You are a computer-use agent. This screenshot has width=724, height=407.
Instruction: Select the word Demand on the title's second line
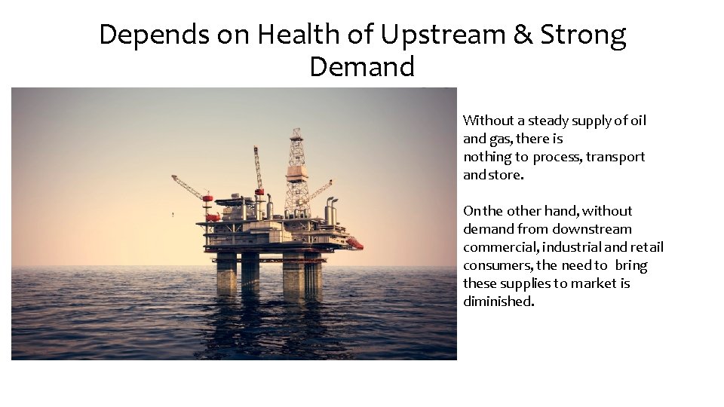pyautogui.click(x=362, y=67)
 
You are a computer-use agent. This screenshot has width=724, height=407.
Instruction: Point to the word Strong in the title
pyautogui.click(x=583, y=35)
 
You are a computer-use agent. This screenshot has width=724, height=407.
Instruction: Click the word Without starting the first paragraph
pyautogui.click(x=486, y=121)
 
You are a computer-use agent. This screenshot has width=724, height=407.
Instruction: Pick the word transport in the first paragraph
pyautogui.click(x=615, y=157)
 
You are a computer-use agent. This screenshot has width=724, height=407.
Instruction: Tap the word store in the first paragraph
pyautogui.click(x=505, y=175)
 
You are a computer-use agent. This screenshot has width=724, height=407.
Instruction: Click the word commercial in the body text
pyautogui.click(x=498, y=247)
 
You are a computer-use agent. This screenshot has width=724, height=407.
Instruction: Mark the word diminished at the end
pyautogui.click(x=498, y=301)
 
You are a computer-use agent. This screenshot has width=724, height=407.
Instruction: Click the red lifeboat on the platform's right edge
pyautogui.click(x=354, y=243)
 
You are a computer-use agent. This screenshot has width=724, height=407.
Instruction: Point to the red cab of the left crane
pyautogui.click(x=207, y=197)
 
